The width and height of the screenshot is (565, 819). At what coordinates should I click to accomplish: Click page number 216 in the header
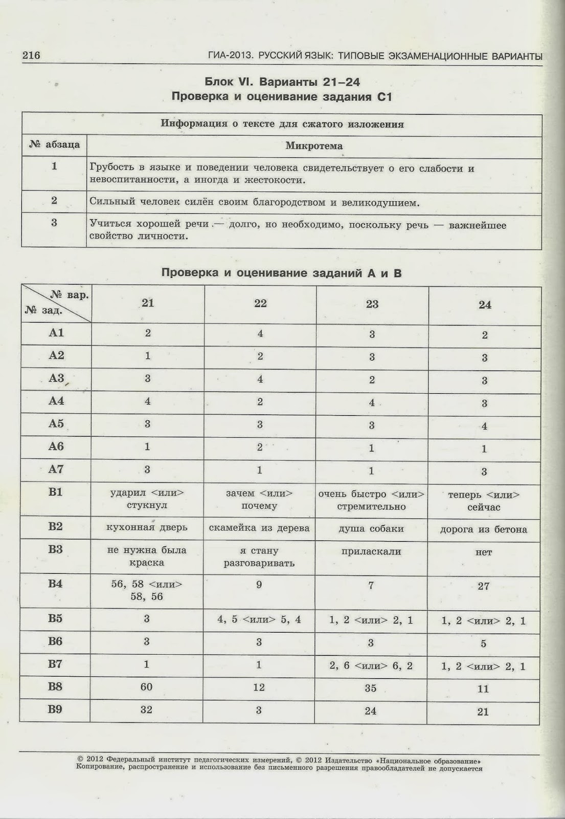coord(31,56)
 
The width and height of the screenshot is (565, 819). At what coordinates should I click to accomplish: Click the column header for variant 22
coord(260,303)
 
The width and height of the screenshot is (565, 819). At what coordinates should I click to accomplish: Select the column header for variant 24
coord(484,305)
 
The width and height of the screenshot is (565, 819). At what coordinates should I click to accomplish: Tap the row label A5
coord(56,424)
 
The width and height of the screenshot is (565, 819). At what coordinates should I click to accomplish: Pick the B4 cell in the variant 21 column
coord(147,590)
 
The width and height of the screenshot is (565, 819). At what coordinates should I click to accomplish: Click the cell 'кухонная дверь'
coord(147,527)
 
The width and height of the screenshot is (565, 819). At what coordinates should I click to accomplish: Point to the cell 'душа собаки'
coord(371,529)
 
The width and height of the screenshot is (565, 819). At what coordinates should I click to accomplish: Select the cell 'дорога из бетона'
coord(483,530)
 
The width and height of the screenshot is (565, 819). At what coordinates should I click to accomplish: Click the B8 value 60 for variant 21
coord(147,687)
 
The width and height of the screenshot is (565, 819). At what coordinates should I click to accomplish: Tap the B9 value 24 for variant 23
coord(371,710)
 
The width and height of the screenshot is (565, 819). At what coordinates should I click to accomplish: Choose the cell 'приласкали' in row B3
coord(371,552)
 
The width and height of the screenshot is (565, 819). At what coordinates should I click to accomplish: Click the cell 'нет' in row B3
coord(484,552)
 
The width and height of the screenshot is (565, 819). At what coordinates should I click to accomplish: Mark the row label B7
coord(55,664)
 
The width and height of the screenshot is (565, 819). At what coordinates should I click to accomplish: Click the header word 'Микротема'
coord(314,146)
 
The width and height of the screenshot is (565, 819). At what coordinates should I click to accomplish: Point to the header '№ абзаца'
coord(54,145)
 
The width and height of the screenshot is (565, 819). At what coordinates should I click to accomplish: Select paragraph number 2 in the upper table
coord(54,201)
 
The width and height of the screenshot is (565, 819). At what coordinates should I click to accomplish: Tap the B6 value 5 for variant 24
coord(483,644)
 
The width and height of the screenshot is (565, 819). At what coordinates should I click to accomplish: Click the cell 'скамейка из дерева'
coord(259,528)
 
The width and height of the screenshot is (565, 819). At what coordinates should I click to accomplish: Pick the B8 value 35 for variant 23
coord(371,688)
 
